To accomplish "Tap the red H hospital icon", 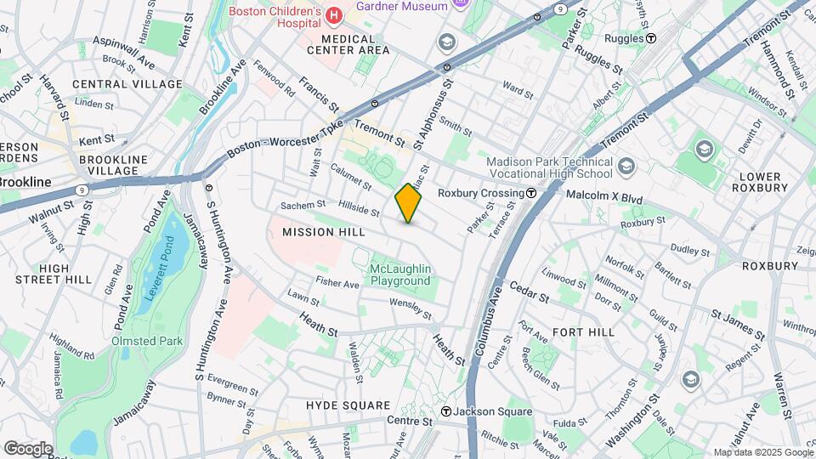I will (x=333, y=14).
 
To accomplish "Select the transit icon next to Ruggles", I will (x=651, y=38).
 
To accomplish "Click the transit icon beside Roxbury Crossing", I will (x=530, y=193).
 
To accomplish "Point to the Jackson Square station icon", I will (x=445, y=412).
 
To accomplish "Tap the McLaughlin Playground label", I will (x=400, y=275).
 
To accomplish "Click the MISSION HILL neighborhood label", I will (x=324, y=232).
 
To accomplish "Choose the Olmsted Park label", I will (x=147, y=341).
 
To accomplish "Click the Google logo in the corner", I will (x=28, y=448).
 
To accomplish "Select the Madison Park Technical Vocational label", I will (x=549, y=168).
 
